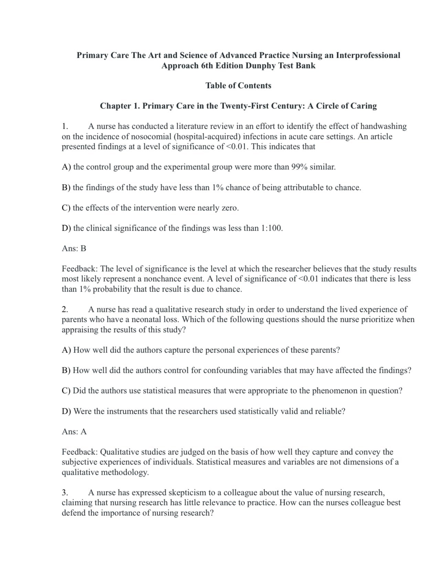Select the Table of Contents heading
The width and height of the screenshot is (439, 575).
238,86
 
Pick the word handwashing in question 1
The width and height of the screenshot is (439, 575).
383,126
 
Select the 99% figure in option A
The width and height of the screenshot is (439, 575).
299,167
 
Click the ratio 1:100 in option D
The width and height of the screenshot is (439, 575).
271,228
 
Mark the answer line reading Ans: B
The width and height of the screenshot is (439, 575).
74,249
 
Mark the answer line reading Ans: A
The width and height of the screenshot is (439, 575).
74,432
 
